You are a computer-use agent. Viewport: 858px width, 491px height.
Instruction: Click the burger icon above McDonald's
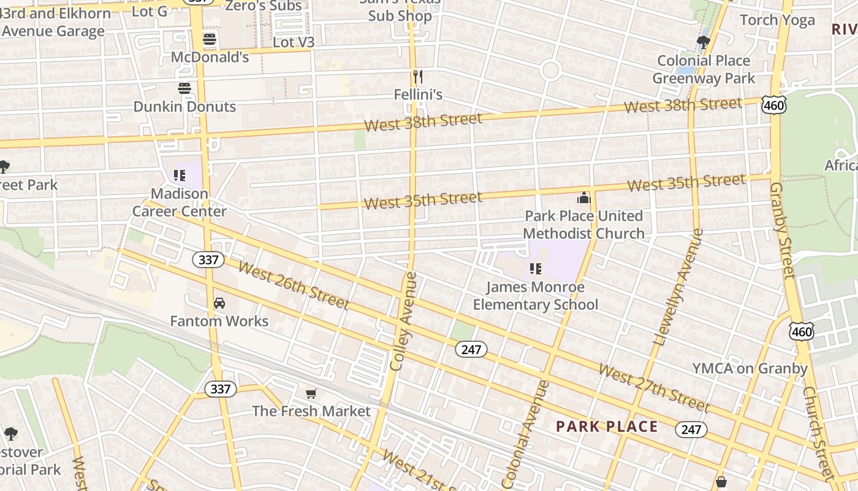pos(210,39)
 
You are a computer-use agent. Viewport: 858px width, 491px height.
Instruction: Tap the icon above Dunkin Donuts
pos(184,88)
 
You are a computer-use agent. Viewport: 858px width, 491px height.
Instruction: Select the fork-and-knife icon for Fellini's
pos(418,77)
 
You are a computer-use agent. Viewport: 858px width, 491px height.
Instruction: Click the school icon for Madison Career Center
pos(180,176)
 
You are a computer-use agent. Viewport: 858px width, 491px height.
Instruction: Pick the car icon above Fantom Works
pos(219,303)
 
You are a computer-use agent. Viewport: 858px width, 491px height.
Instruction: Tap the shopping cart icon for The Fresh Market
pos(311,393)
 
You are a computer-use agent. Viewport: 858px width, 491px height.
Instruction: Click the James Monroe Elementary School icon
pos(535,269)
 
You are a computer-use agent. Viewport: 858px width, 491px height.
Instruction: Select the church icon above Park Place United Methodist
pos(583,198)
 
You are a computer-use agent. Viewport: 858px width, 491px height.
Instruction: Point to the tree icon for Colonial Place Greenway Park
pos(703,42)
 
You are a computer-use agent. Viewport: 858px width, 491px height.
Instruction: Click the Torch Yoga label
pos(777,20)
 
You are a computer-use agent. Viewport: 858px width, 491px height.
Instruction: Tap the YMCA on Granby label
pos(750,368)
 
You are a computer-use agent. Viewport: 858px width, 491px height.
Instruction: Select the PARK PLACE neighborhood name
pos(607,427)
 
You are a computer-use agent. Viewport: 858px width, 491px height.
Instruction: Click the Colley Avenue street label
pos(404,320)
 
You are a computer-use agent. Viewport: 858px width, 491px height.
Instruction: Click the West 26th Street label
pos(294,285)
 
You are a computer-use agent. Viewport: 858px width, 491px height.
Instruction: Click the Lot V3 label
pos(293,42)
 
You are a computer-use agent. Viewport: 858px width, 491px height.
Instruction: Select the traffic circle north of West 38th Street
pos(550,70)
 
